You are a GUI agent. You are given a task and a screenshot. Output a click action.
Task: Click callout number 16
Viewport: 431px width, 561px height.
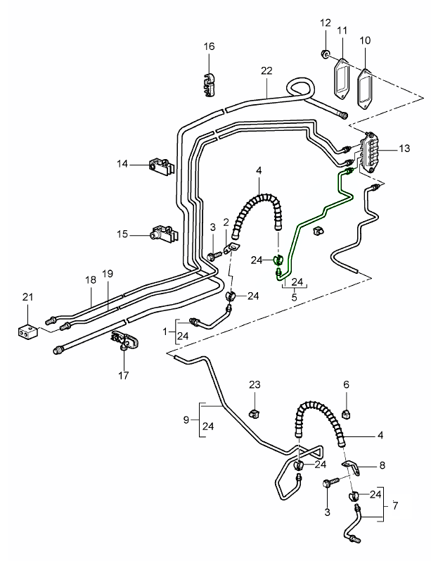click(x=209, y=46)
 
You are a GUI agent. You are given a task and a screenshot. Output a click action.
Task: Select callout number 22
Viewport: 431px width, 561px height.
click(x=266, y=71)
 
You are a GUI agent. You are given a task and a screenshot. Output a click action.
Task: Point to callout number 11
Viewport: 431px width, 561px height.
click(x=342, y=30)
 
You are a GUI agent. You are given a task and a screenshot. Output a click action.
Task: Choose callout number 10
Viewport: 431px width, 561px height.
click(x=366, y=41)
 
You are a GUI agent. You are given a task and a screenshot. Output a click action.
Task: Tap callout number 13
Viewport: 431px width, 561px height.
click(x=404, y=149)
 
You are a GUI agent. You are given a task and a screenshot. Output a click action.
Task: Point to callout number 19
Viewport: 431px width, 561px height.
click(x=107, y=273)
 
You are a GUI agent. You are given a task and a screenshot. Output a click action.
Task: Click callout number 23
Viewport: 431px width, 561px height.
click(x=255, y=384)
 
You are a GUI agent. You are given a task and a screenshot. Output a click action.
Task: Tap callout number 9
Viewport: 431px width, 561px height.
click(x=186, y=420)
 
